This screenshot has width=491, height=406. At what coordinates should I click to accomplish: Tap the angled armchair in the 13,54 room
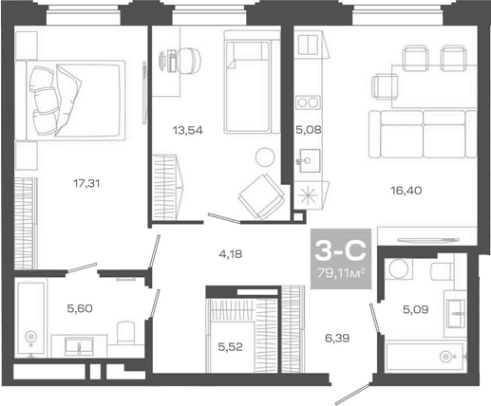pos(259,197)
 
